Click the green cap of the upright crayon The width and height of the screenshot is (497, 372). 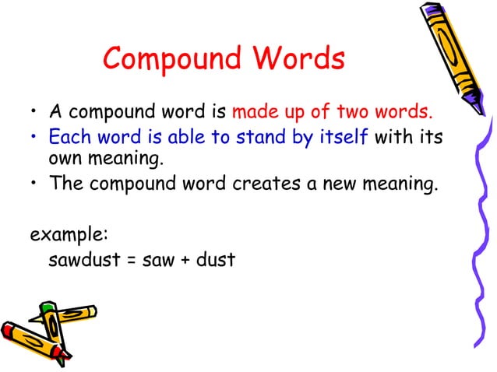point(48,310)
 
